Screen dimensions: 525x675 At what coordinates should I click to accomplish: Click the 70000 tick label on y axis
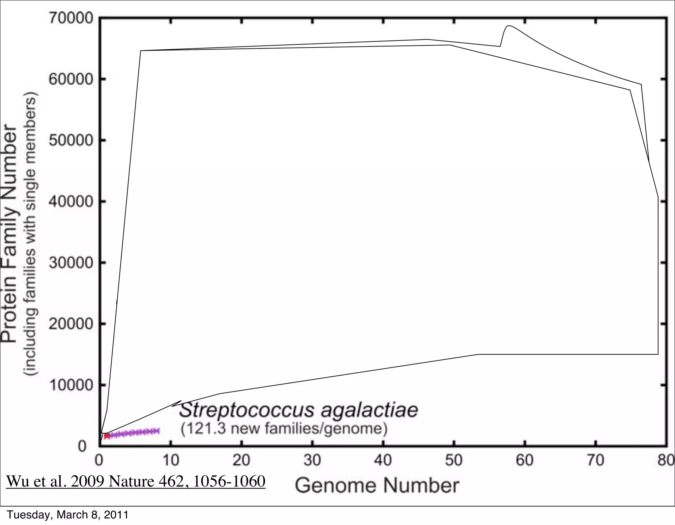pyautogui.click(x=71, y=18)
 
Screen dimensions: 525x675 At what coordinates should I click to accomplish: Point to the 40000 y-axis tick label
pyautogui.click(x=71, y=201)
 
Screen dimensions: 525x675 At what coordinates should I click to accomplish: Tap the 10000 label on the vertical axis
pyautogui.click(x=71, y=385)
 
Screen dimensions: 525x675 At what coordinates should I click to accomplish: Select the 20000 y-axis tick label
pyautogui.click(x=71, y=324)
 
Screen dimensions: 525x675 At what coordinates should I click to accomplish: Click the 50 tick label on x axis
pyautogui.click(x=454, y=460)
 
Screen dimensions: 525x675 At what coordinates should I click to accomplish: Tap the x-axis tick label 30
pyautogui.click(x=312, y=460)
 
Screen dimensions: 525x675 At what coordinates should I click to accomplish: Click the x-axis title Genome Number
pyautogui.click(x=377, y=486)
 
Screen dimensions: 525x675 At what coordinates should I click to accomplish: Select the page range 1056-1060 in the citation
pyautogui.click(x=229, y=481)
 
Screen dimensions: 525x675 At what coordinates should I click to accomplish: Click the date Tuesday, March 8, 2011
pyautogui.click(x=67, y=515)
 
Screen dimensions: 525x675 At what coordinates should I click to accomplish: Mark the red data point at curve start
pyautogui.click(x=107, y=436)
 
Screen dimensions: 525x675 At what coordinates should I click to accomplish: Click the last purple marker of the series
pyautogui.click(x=157, y=431)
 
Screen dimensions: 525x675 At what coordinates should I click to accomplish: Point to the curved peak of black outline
pyautogui.click(x=509, y=26)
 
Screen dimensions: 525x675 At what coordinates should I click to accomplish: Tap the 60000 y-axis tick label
pyautogui.click(x=71, y=79)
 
